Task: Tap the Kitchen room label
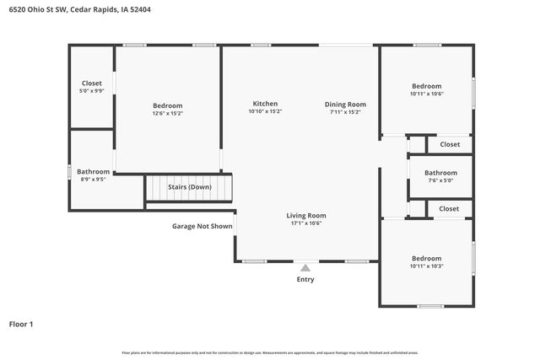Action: (x=265, y=104)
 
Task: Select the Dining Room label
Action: (x=345, y=104)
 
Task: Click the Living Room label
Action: (x=305, y=215)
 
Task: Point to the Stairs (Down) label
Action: (x=189, y=187)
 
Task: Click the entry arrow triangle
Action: (x=305, y=267)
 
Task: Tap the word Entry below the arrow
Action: (x=305, y=280)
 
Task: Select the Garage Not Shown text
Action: (x=202, y=226)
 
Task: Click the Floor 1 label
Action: (x=21, y=324)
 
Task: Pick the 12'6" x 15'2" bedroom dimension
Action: (x=167, y=113)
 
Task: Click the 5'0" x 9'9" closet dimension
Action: (x=91, y=90)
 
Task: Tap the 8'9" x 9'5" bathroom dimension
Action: (x=93, y=179)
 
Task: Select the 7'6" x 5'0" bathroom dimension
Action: (x=440, y=180)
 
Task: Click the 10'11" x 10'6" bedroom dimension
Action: (x=426, y=94)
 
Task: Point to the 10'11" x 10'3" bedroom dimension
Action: (x=426, y=266)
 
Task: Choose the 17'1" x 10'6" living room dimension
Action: (x=305, y=223)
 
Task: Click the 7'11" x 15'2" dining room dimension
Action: (x=345, y=111)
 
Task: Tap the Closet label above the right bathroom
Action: (x=449, y=144)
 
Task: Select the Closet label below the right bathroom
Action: (x=449, y=208)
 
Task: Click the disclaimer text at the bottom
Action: (x=270, y=352)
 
